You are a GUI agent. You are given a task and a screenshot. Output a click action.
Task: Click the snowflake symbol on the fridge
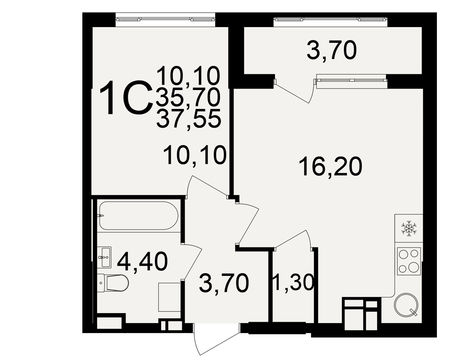click(x=409, y=229)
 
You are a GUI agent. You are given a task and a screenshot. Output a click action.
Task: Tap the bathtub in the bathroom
click(x=139, y=215)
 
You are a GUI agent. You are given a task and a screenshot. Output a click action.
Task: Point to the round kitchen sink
click(x=406, y=305)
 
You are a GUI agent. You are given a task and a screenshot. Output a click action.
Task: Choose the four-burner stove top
click(x=409, y=261)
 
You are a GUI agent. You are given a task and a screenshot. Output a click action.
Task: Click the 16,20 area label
click(x=331, y=166)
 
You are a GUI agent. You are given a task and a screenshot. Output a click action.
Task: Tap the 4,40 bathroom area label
click(x=142, y=261)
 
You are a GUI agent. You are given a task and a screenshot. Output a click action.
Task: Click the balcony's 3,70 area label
click(x=332, y=50)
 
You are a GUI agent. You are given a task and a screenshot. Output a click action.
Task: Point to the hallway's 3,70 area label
click(x=224, y=283)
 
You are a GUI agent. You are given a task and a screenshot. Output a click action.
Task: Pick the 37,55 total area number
click(x=189, y=118)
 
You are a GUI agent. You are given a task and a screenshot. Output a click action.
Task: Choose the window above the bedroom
click(x=165, y=19)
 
